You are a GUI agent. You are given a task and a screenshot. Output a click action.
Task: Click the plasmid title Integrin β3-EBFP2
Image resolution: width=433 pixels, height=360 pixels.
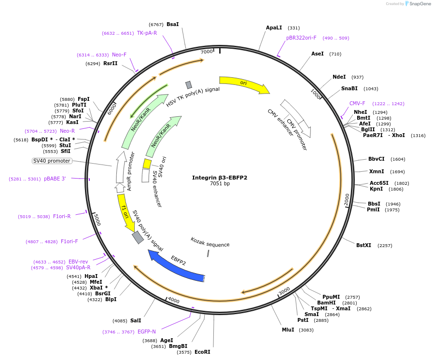tap(220, 178)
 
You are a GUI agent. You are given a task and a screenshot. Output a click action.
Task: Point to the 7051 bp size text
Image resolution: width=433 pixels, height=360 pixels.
tap(220, 184)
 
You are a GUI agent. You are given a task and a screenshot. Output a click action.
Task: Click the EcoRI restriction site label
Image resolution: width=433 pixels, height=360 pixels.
tap(202, 352)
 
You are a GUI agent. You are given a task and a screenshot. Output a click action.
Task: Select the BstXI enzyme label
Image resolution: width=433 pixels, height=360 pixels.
tap(363, 245)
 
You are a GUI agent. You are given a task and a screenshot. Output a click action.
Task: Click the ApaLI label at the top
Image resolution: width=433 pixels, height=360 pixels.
tap(274, 28)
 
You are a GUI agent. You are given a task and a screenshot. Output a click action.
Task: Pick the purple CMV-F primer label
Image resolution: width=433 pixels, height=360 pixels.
tap(357, 103)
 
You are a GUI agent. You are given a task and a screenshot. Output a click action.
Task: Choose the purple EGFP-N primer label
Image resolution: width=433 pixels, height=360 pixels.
tap(147, 332)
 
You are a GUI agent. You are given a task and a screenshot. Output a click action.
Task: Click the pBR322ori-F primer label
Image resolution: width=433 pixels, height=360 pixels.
tap(301, 38)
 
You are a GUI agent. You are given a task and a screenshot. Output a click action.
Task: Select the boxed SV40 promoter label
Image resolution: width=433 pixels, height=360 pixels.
tap(52, 161)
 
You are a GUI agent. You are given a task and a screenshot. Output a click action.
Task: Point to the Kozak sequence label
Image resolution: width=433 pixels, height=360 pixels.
tap(210, 242)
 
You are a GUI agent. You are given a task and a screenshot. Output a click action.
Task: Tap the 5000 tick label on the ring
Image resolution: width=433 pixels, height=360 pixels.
tap(97, 220)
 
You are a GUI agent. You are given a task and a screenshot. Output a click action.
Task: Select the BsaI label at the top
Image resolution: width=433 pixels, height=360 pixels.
tap(172, 24)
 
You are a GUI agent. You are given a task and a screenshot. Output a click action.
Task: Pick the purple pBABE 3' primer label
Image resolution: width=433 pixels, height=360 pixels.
tap(55, 179)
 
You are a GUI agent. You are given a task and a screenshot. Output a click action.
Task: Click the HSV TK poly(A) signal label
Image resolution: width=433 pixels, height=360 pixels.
tap(193, 97)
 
